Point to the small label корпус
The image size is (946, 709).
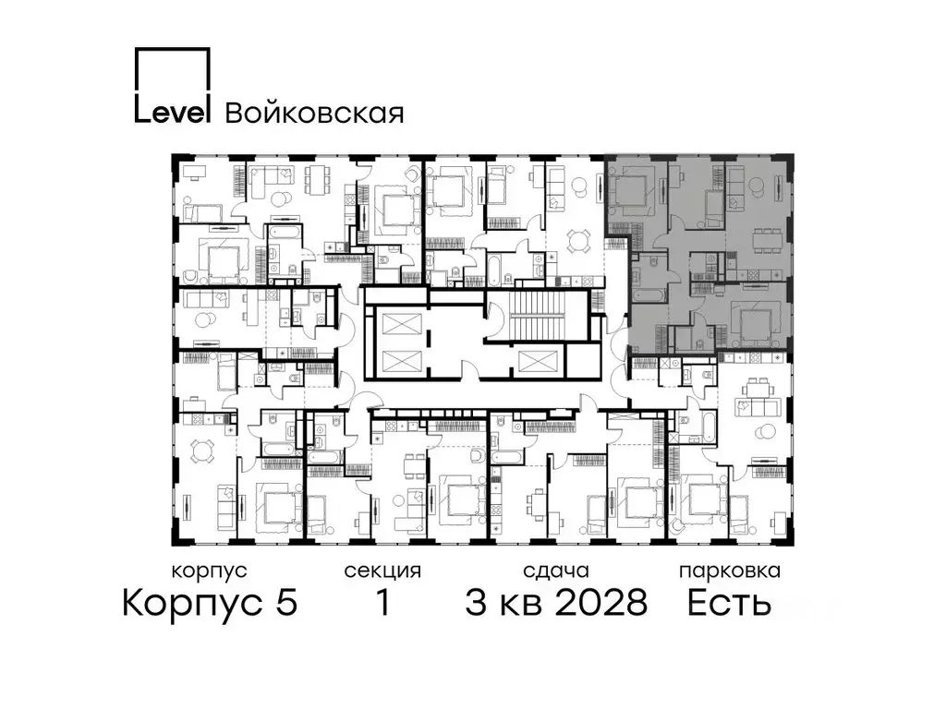[210, 571]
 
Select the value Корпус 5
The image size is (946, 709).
[210, 603]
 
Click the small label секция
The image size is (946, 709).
[382, 571]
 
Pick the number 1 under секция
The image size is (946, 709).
[382, 603]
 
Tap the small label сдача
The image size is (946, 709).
[555, 571]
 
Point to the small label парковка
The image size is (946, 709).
[729, 571]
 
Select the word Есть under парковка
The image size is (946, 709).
[728, 603]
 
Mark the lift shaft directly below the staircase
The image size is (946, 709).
[538, 362]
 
